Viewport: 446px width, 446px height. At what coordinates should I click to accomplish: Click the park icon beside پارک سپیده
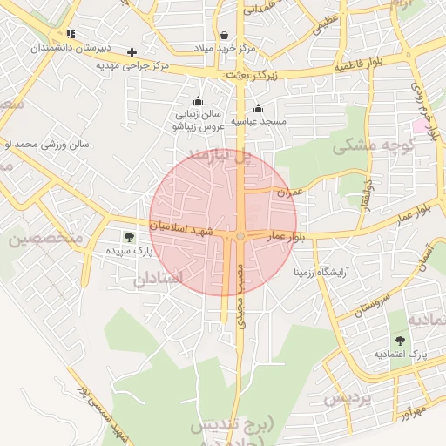[x=129, y=237]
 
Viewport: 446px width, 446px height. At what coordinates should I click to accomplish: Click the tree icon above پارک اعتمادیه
[x=400, y=341]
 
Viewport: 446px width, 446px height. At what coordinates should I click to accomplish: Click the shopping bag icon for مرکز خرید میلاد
[x=226, y=36]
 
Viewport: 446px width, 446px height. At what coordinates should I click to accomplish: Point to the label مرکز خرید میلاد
[x=226, y=47]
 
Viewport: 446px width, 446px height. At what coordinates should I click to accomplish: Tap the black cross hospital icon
[x=132, y=52]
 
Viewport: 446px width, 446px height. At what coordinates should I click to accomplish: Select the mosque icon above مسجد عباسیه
[x=258, y=109]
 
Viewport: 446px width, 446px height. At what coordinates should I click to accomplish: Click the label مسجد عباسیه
[x=258, y=121]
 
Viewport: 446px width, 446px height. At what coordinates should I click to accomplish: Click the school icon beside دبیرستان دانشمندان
[x=71, y=35]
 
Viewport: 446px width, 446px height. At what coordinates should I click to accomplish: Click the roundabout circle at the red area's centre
[x=240, y=236]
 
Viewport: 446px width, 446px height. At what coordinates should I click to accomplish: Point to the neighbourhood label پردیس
[x=348, y=399]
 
